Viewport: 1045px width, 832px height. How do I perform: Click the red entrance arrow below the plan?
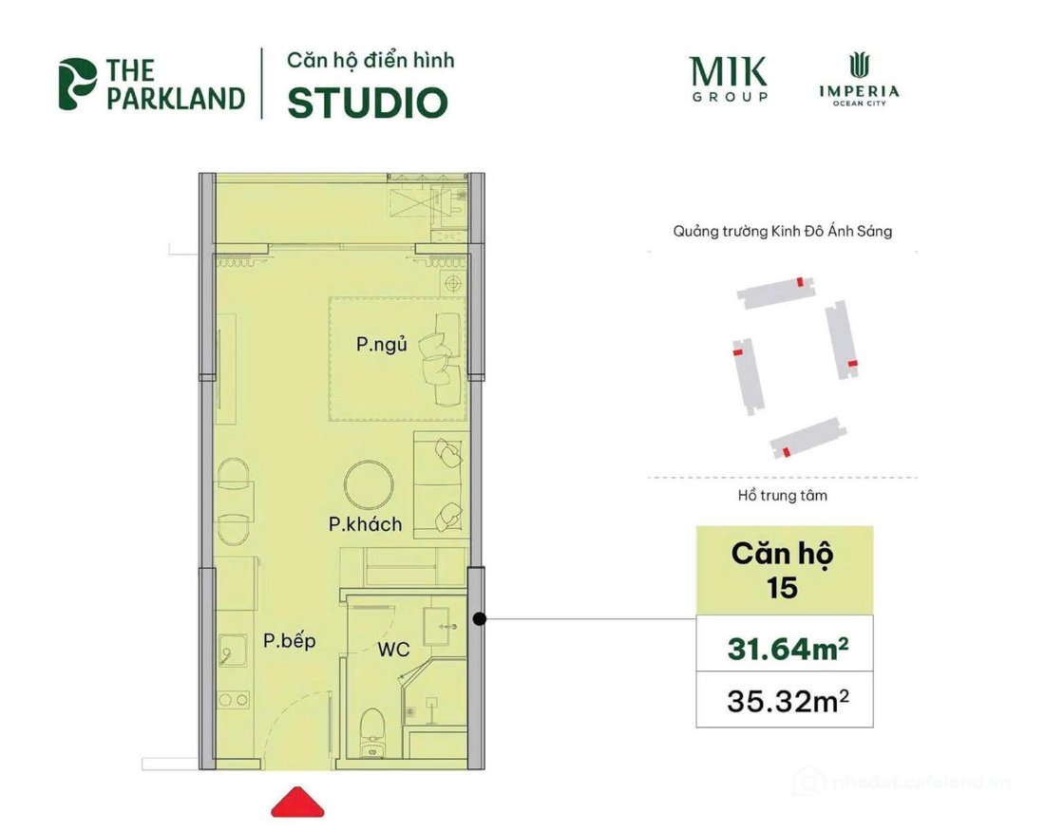pyautogui.click(x=297, y=803)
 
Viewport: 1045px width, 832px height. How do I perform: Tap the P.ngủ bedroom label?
pyautogui.click(x=382, y=345)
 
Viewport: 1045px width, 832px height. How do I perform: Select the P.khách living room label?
pyautogui.click(x=366, y=524)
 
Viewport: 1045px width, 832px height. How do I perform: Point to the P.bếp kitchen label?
pyautogui.click(x=289, y=641)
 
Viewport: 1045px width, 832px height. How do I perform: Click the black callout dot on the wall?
pyautogui.click(x=480, y=619)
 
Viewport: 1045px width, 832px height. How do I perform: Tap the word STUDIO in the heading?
pyautogui.click(x=367, y=103)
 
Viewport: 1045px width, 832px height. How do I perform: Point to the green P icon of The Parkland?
pyautogui.click(x=77, y=84)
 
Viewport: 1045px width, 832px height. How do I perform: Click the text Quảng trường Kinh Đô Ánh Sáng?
pyautogui.click(x=781, y=231)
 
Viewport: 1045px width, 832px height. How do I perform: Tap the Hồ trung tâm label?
pyautogui.click(x=782, y=495)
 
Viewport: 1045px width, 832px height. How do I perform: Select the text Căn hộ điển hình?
pyautogui.click(x=370, y=61)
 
